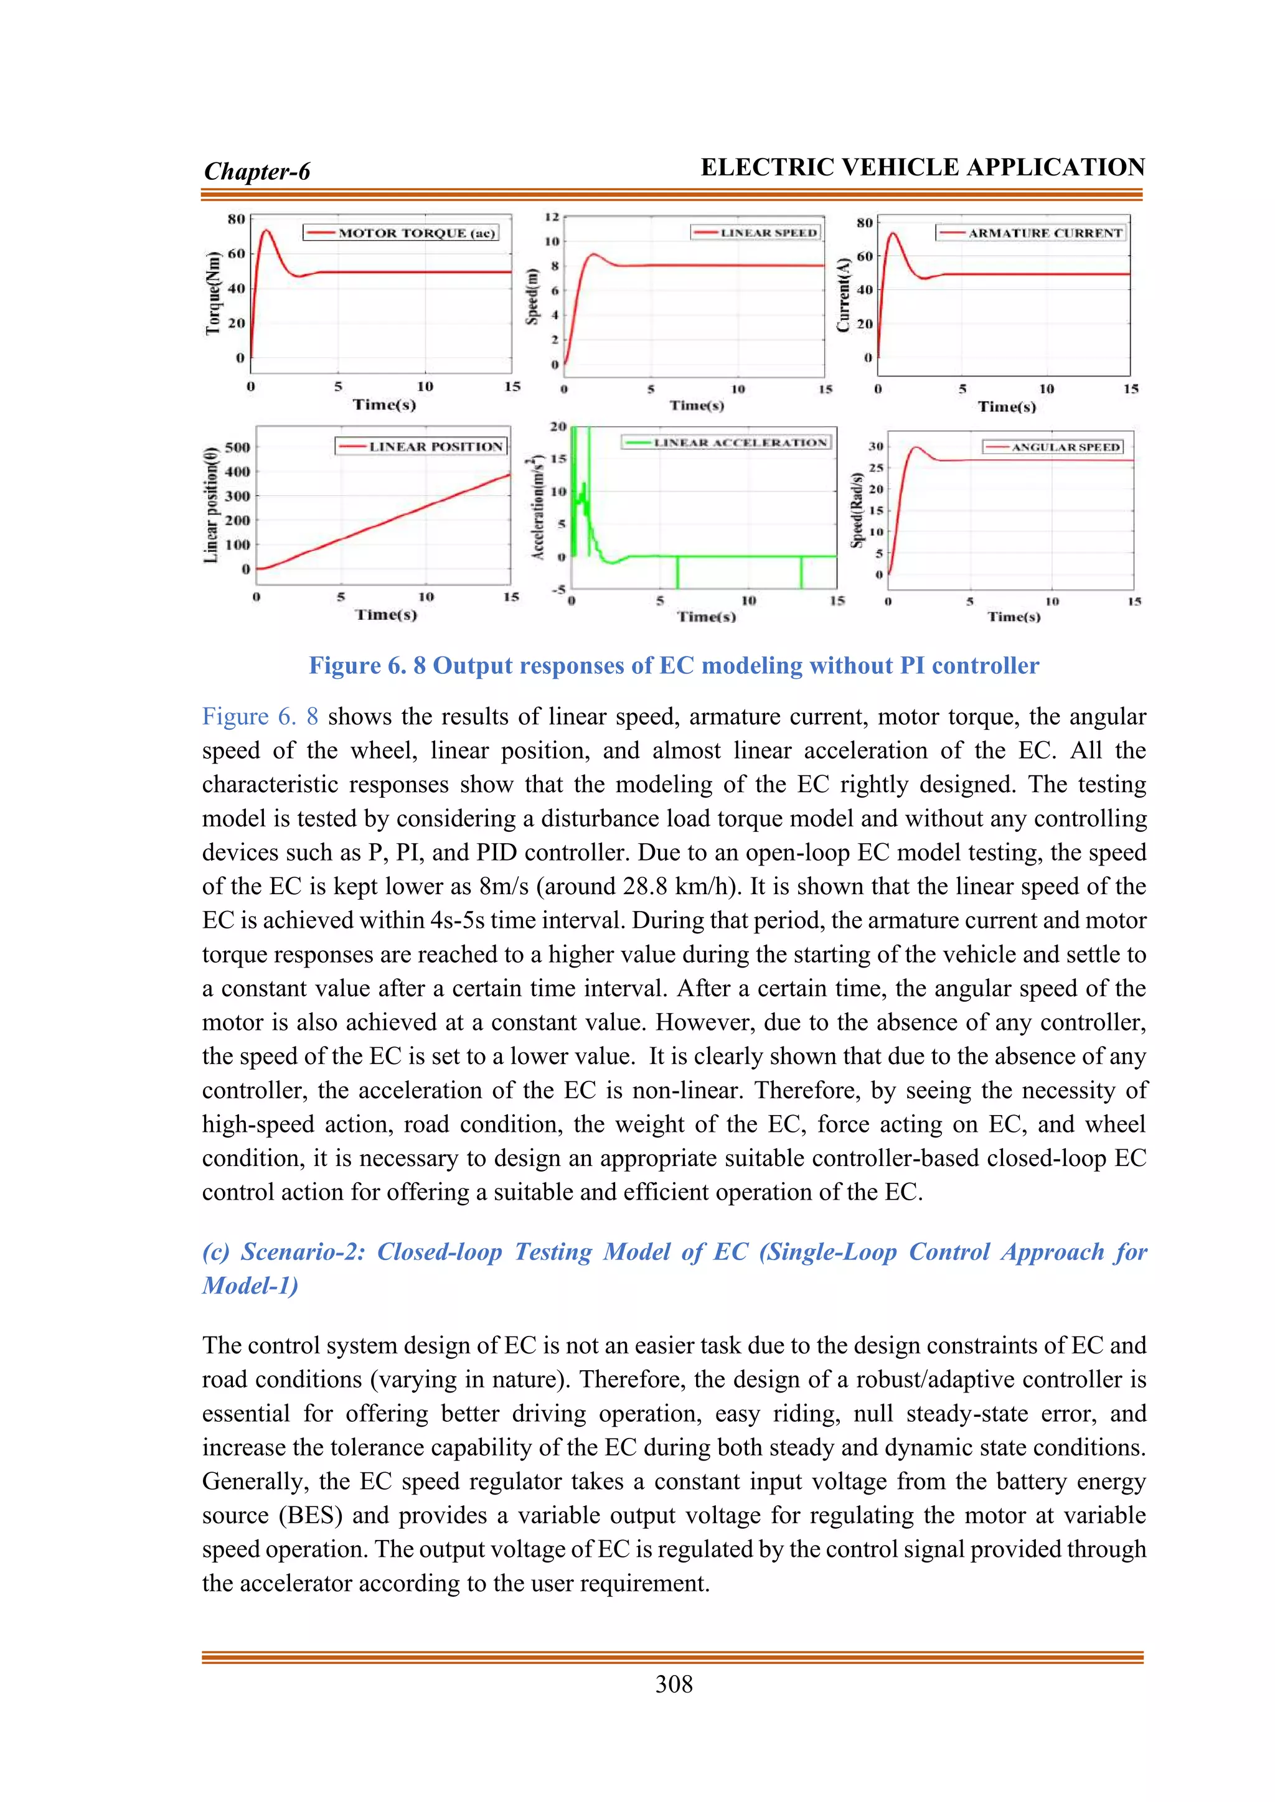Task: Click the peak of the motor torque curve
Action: click(266, 230)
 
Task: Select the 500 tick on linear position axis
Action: click(237, 447)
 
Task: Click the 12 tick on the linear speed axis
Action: click(552, 217)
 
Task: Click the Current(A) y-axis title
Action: click(844, 294)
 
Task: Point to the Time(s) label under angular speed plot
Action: click(1014, 617)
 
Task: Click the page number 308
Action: click(674, 1684)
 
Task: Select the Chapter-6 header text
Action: click(256, 171)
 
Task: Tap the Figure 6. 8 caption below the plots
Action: click(674, 666)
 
